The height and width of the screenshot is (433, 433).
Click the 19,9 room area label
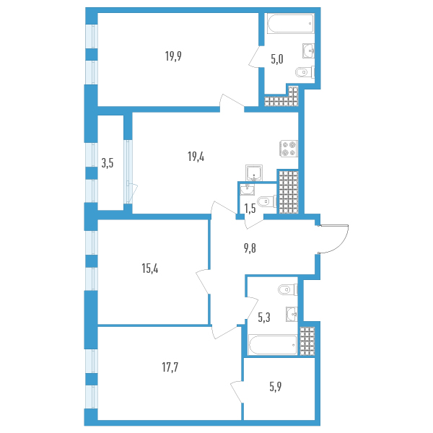click(x=172, y=56)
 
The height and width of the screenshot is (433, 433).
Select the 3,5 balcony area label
click(x=108, y=163)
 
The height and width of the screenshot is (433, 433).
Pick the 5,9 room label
click(x=276, y=385)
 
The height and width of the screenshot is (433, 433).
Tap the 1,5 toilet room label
click(x=250, y=209)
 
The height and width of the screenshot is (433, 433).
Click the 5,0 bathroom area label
click(x=276, y=60)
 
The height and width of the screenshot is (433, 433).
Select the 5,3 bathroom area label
click(x=263, y=315)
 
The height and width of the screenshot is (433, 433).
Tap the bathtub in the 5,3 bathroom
click(x=273, y=345)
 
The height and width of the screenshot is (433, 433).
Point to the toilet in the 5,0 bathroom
click(x=304, y=72)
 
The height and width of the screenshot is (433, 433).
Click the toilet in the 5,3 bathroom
click(x=285, y=290)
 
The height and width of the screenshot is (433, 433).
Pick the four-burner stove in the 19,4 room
click(x=289, y=148)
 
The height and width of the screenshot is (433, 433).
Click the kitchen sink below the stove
click(x=254, y=172)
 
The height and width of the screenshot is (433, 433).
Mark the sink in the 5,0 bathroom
click(x=308, y=49)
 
